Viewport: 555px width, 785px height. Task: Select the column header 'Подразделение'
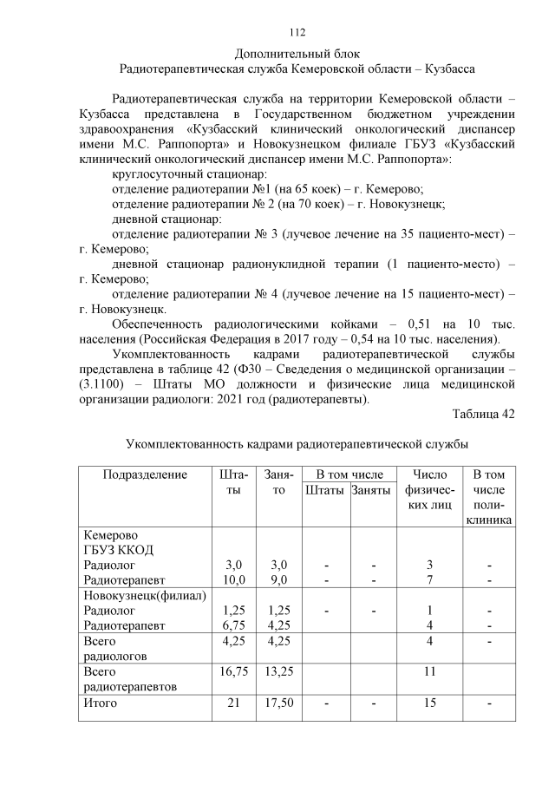tap(146, 474)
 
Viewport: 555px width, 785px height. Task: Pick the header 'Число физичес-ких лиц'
tap(429, 489)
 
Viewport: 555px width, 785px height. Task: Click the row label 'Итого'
tap(99, 703)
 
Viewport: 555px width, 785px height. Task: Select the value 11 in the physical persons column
tap(429, 671)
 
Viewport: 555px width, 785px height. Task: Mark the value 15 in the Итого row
tap(429, 703)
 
